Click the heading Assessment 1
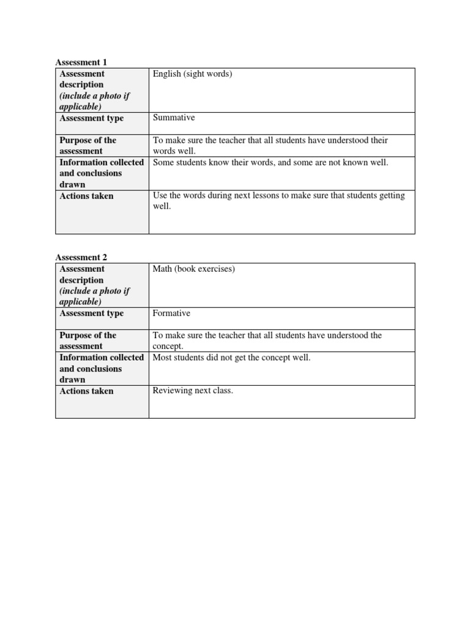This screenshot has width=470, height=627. (x=81, y=62)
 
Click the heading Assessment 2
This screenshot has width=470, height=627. (x=81, y=258)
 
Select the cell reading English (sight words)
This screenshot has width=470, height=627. (x=192, y=74)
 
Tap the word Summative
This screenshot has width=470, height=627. (x=174, y=118)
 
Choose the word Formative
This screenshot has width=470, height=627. (x=171, y=313)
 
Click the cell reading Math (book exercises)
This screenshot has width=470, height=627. (x=193, y=269)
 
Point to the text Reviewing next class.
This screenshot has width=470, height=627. (x=193, y=391)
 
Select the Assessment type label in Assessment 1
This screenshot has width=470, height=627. (x=91, y=118)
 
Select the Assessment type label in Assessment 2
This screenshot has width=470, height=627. (x=91, y=313)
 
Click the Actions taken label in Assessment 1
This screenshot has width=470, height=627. (x=86, y=196)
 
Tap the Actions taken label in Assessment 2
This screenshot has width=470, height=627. (x=86, y=391)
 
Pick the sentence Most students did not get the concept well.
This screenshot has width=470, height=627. (x=231, y=358)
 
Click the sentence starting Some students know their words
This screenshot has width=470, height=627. (x=270, y=162)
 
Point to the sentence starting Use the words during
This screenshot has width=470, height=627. (x=278, y=195)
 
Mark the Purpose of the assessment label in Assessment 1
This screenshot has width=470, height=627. (x=88, y=146)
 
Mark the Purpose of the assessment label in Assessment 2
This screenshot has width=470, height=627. (x=88, y=341)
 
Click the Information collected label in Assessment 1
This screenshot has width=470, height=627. (x=102, y=162)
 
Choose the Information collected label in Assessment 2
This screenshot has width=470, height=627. (x=102, y=358)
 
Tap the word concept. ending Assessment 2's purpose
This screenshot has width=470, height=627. (x=168, y=347)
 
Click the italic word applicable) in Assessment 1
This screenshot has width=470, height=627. (x=80, y=107)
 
